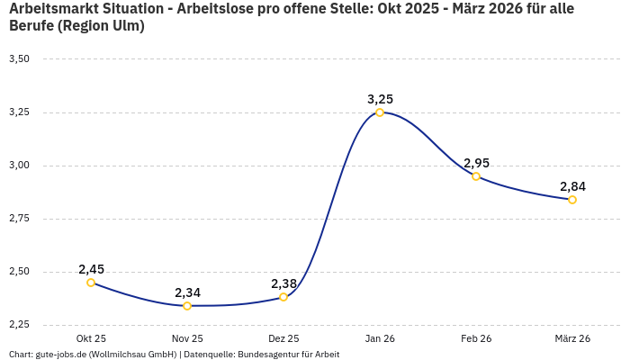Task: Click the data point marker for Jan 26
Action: [380, 112]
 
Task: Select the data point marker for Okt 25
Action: [91, 283]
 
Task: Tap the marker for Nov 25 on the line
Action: [187, 306]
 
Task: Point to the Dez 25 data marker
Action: [283, 297]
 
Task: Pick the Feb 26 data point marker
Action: [476, 176]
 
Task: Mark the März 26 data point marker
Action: [572, 200]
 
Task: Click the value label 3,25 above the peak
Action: [380, 99]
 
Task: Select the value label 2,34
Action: [187, 292]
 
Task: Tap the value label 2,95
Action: [476, 163]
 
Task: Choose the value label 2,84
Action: [572, 186]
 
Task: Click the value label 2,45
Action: [91, 269]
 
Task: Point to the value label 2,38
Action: [283, 283]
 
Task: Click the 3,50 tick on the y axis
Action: [19, 59]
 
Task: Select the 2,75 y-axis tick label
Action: [19, 219]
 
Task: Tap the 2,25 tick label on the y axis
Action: [19, 325]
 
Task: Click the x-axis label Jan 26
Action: [380, 338]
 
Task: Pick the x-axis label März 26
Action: [572, 338]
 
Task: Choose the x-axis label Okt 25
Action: [91, 338]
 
